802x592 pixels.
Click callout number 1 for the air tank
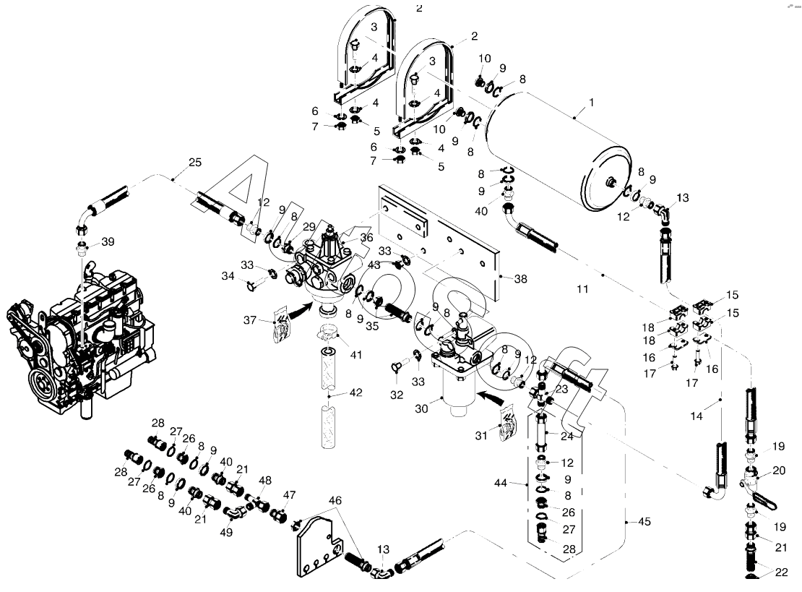coord(591,102)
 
